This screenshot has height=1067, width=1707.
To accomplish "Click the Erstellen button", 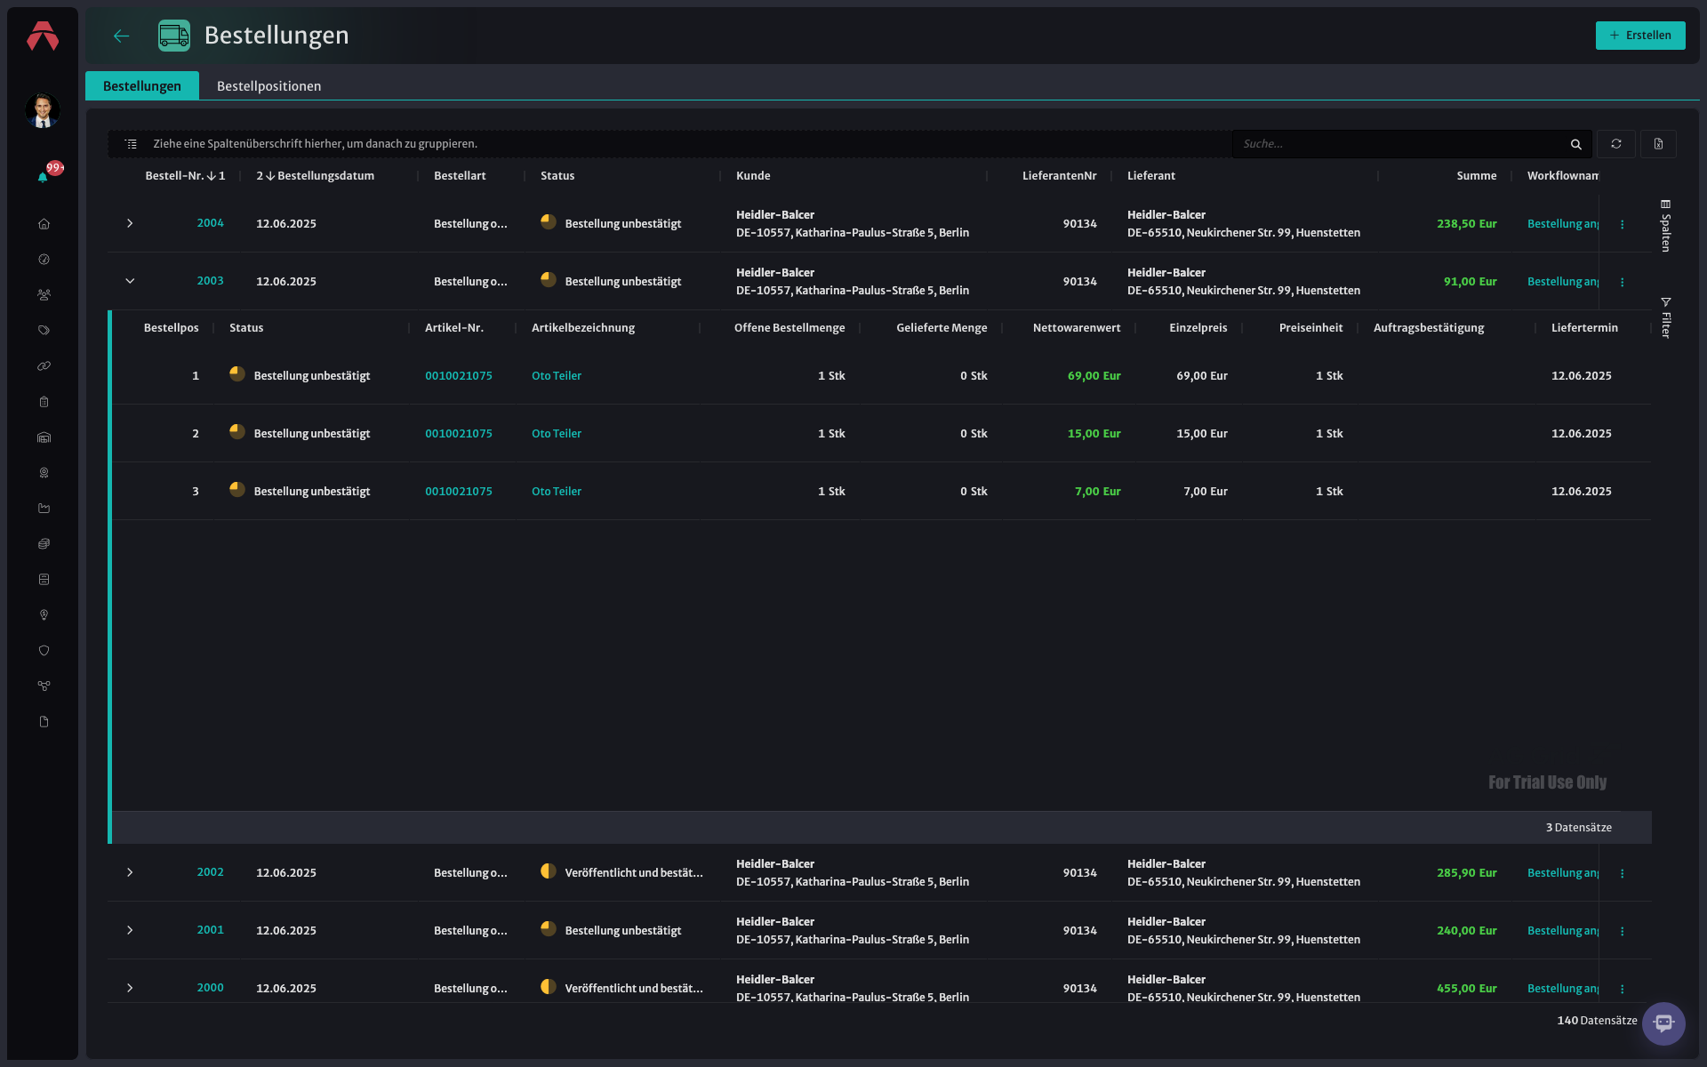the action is click(1640, 36).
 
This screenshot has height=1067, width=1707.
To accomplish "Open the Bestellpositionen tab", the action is click(268, 86).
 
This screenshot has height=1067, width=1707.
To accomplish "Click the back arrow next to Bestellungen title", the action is click(122, 36).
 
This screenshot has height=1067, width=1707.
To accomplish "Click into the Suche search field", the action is click(1400, 144).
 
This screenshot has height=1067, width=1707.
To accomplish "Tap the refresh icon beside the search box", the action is click(1616, 144).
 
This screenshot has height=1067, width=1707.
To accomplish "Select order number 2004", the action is click(211, 223).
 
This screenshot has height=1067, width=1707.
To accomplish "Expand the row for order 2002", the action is click(130, 872).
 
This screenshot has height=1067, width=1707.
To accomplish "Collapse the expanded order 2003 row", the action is click(130, 281).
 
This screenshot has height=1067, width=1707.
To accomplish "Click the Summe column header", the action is click(1477, 176).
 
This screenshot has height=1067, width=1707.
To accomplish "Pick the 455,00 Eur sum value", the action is click(1467, 988).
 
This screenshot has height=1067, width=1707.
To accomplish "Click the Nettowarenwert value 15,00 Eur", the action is click(1094, 434).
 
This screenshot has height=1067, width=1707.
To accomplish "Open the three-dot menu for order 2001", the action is click(1623, 931).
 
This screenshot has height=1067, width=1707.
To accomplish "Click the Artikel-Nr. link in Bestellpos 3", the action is click(459, 492).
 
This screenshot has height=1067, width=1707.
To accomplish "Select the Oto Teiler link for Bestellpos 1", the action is click(557, 376).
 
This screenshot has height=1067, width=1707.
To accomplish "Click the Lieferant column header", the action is click(1151, 176).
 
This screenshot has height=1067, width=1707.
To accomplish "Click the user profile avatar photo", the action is click(43, 110).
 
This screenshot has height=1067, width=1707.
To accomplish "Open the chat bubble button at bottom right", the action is click(1663, 1023).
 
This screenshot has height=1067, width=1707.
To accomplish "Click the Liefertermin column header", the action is click(1584, 328).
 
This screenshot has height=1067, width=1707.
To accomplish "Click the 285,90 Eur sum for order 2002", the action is click(1467, 873).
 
